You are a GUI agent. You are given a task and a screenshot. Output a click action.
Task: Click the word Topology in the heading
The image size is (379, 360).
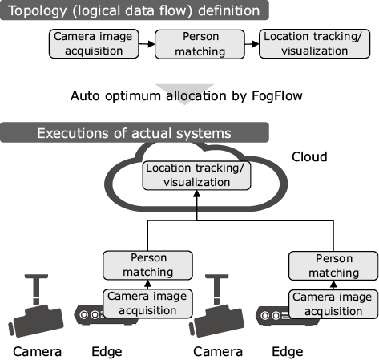point(38,11)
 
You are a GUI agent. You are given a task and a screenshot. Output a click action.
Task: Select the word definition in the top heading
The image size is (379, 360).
point(229,10)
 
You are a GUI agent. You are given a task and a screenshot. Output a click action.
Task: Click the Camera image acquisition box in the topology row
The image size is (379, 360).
point(94,44)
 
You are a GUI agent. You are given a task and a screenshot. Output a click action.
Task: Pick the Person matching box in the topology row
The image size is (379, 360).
point(200,44)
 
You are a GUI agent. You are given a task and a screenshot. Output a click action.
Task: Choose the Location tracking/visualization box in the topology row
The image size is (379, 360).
point(314,44)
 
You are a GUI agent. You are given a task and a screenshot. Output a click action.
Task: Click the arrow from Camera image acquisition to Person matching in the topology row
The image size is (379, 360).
point(147,44)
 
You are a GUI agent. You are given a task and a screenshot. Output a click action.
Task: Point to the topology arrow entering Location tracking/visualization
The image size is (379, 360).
point(252,44)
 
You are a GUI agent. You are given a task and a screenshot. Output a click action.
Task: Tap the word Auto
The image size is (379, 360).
point(85,95)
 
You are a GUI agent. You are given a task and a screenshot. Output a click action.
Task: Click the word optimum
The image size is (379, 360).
point(133,96)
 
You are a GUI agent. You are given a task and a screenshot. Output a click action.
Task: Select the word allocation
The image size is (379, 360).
point(196,95)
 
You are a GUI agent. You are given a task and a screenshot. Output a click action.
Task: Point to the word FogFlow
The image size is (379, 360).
point(277,96)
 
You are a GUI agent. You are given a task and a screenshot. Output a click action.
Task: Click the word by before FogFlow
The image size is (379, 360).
point(239,96)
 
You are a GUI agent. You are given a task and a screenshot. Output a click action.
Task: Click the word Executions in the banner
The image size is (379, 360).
point(73,133)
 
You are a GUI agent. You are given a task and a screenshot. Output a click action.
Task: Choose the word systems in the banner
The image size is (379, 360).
point(204,134)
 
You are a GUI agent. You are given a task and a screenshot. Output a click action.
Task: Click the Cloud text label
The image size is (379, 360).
point(309,156)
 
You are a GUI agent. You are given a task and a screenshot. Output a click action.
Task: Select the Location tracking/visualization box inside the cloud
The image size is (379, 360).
point(196,176)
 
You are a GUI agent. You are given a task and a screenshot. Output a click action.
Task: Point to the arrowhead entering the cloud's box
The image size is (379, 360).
point(196,193)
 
